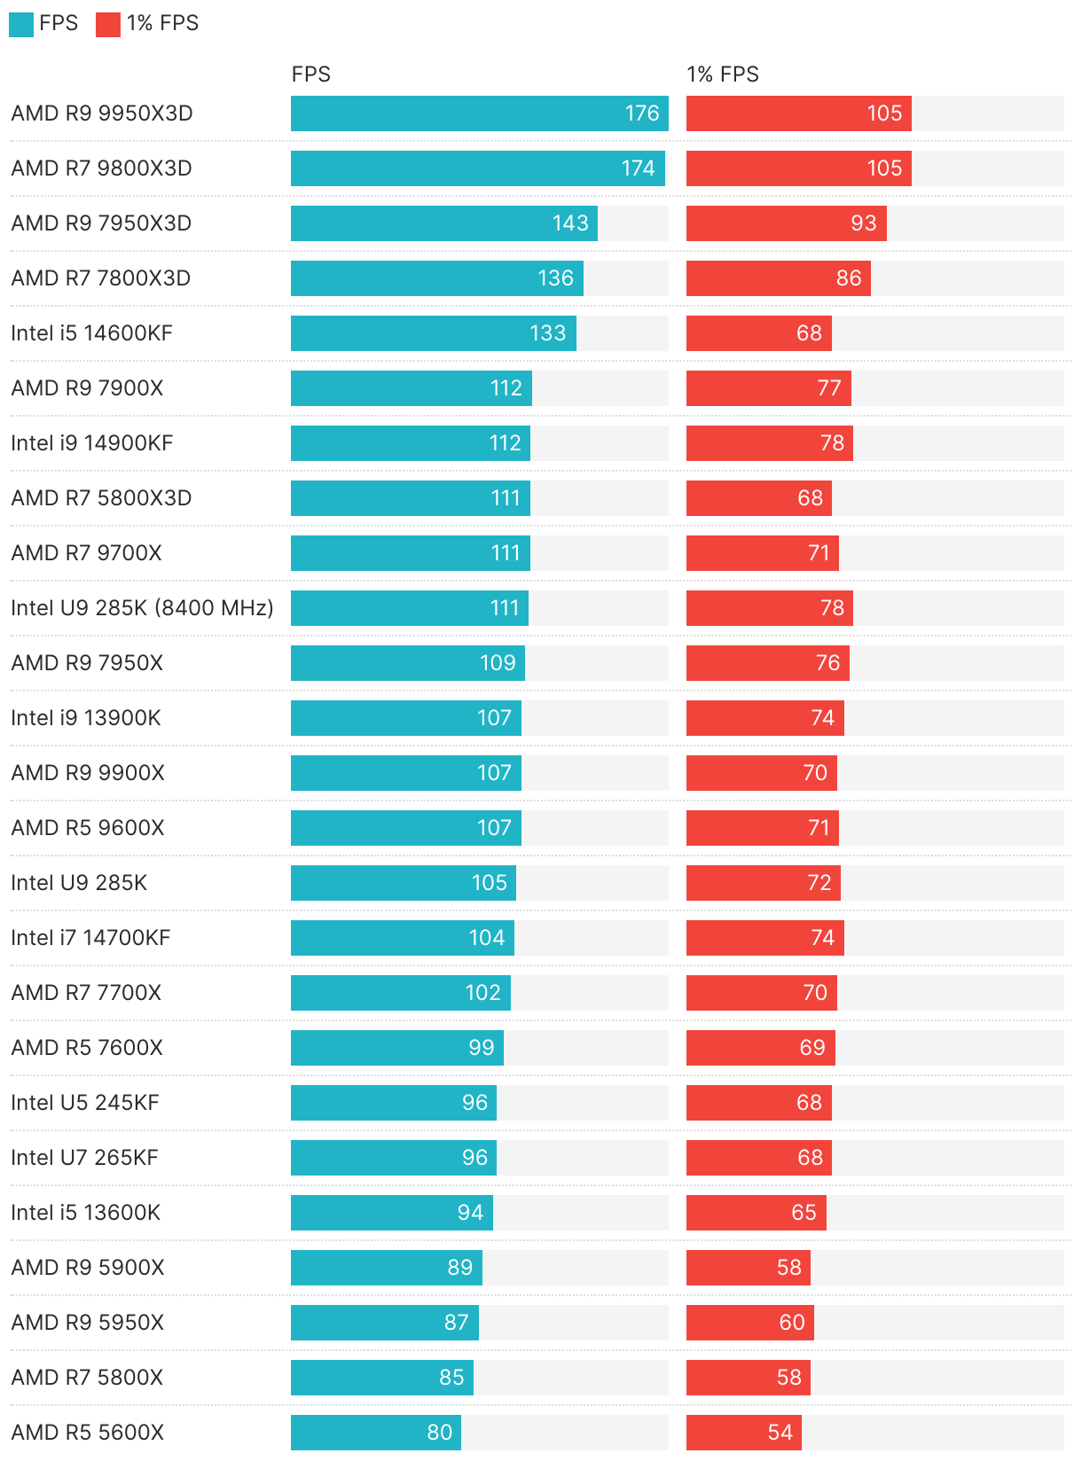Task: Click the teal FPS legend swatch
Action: click(21, 25)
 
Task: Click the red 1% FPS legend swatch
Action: click(108, 25)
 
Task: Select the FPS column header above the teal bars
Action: click(310, 74)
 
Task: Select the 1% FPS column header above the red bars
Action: click(723, 74)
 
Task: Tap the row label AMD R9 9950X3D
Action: click(102, 113)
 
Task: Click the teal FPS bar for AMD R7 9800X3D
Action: click(477, 168)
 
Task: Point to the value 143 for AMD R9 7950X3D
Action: click(570, 223)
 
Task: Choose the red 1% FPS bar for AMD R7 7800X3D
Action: click(778, 278)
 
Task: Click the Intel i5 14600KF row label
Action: click(91, 333)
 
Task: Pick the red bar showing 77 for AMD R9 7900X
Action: click(768, 388)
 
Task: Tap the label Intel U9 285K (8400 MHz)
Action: click(142, 608)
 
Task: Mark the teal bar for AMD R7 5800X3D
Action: click(410, 498)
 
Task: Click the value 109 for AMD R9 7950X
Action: click(498, 663)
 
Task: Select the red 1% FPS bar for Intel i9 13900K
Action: click(764, 718)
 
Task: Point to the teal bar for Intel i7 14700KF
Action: click(402, 938)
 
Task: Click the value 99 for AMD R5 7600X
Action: click(482, 1048)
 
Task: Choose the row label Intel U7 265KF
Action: click(84, 1158)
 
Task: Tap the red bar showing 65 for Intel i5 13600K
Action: click(756, 1213)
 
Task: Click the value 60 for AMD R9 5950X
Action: click(792, 1323)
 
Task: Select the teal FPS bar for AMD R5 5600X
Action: click(375, 1433)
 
